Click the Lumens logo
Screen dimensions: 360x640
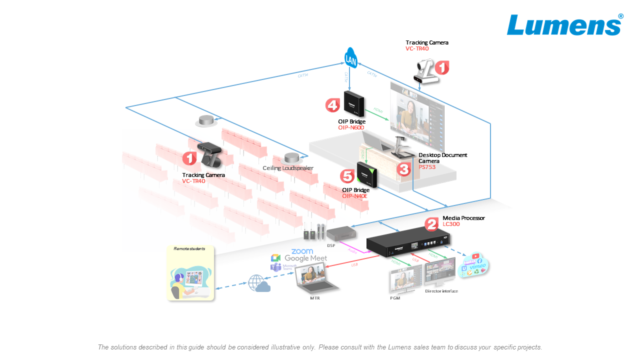564,25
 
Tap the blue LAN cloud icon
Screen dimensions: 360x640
351,58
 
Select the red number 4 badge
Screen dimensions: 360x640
332,105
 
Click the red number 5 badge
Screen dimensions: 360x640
346,176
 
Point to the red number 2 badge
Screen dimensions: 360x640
432,224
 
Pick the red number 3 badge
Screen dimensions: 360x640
403,168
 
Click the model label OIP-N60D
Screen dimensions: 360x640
351,127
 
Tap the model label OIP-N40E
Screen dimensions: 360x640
355,196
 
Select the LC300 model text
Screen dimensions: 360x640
451,224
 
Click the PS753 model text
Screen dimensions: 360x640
427,167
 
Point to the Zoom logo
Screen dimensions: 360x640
302,251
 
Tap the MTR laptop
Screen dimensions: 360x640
316,279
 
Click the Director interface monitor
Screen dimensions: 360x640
440,272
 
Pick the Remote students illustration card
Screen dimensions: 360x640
190,273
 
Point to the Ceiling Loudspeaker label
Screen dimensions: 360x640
287,168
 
